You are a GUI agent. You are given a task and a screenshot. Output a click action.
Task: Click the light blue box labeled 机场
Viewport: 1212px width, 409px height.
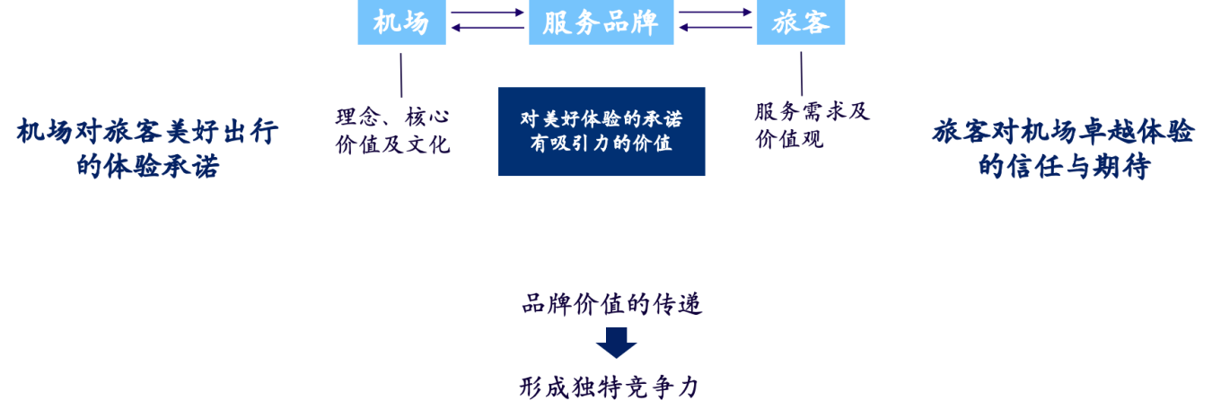pyautogui.click(x=401, y=22)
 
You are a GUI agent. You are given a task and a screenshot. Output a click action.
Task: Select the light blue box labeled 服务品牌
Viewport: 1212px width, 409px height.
pyautogui.click(x=602, y=22)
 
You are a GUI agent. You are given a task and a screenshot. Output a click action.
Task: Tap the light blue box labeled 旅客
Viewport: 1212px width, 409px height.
pyautogui.click(x=801, y=22)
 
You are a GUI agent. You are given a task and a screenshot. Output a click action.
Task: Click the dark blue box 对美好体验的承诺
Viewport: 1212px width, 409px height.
pyautogui.click(x=602, y=131)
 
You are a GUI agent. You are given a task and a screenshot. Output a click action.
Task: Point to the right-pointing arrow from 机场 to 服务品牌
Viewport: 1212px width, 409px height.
pyautogui.click(x=487, y=12)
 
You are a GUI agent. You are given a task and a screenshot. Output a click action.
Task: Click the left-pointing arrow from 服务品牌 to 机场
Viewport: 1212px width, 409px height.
pyautogui.click(x=487, y=28)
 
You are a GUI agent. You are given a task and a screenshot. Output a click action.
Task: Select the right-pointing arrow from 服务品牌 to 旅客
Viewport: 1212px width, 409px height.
pyautogui.click(x=716, y=12)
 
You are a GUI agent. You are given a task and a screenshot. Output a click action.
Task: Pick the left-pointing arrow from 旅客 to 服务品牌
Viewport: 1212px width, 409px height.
pyautogui.click(x=716, y=28)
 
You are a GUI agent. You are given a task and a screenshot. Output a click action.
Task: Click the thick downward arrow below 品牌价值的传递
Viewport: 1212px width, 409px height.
pyautogui.click(x=616, y=343)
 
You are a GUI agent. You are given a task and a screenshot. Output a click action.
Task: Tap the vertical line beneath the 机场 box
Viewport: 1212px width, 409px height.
pyautogui.click(x=401, y=75)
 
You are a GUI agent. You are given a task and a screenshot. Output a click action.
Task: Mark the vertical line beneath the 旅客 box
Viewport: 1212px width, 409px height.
pyautogui.click(x=802, y=74)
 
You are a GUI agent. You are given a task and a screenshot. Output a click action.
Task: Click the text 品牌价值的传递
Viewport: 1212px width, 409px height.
pyautogui.click(x=612, y=304)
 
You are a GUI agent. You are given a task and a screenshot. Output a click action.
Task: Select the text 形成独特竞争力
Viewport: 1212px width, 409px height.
pyautogui.click(x=610, y=387)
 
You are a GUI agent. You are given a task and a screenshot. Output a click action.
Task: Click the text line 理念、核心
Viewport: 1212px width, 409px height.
pyautogui.click(x=393, y=117)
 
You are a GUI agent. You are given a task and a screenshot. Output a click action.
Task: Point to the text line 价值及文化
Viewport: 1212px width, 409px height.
pyautogui.click(x=393, y=144)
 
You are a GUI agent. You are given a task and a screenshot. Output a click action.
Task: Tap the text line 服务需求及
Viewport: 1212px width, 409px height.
pyautogui.click(x=812, y=111)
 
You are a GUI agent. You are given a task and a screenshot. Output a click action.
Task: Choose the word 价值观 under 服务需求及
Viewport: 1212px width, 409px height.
pyautogui.click(x=789, y=139)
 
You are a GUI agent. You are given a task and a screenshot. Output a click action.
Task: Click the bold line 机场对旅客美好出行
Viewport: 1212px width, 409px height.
pyautogui.click(x=148, y=131)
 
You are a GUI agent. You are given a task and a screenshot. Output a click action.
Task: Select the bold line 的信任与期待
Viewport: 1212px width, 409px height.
pyautogui.click(x=1064, y=166)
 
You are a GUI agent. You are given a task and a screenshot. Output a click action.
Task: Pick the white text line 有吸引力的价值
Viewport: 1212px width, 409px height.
pyautogui.click(x=602, y=144)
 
